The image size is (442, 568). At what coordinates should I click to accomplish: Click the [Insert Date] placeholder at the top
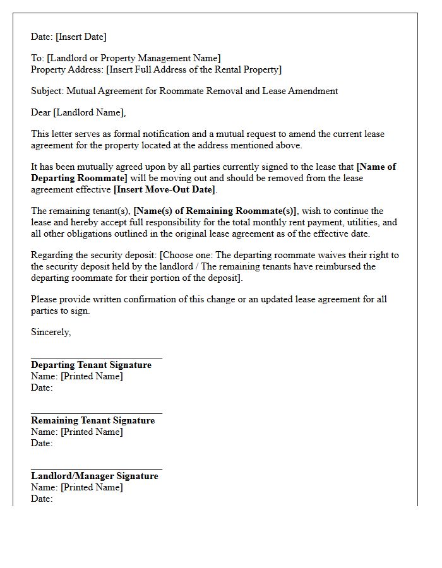coord(81,37)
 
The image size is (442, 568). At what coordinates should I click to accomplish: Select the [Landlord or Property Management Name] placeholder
coord(134,58)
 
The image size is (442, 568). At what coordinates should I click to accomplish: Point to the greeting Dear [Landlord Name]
coord(78,112)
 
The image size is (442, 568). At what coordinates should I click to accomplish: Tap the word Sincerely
coord(51,332)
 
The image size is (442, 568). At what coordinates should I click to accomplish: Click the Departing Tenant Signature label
coord(91,365)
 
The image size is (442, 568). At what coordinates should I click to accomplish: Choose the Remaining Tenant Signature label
coord(93,420)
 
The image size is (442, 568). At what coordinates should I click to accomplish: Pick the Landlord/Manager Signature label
coord(95,476)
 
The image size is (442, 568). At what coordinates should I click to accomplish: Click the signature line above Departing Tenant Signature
coord(96,358)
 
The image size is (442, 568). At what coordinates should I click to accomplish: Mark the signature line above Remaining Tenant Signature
coord(96,413)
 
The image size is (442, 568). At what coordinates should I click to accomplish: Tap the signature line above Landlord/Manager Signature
coord(96,469)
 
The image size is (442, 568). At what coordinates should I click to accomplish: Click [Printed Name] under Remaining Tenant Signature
coord(92,432)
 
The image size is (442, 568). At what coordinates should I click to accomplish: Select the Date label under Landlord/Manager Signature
coord(42,499)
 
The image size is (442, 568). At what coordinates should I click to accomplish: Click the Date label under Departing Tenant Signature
coord(42,388)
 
